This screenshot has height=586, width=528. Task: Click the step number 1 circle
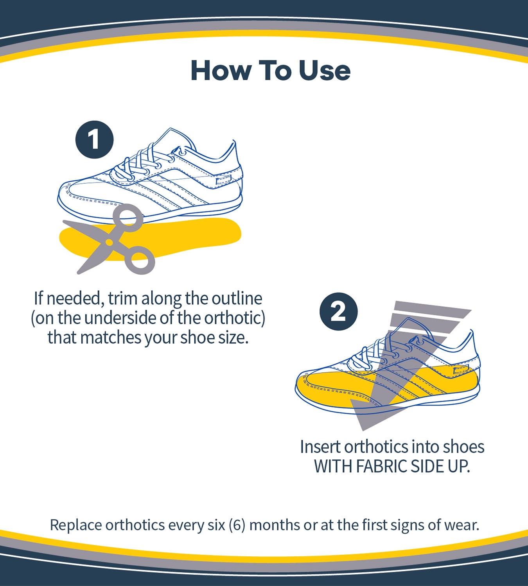95,139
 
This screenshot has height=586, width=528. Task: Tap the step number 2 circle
338,312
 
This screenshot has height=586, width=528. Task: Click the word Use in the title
324,70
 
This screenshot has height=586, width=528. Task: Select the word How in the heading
221,70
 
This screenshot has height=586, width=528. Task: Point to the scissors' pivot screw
109,241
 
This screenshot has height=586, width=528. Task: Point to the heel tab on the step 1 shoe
224,180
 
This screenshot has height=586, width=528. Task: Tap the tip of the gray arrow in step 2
363,431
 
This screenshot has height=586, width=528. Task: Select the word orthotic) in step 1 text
235,318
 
